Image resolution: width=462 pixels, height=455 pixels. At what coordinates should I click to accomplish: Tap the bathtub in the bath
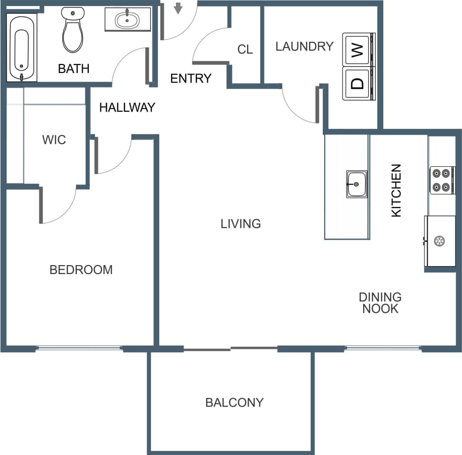click(21, 48)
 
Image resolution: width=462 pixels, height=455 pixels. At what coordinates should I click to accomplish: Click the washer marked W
click(359, 50)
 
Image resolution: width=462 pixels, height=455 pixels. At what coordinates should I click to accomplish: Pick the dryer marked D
click(359, 83)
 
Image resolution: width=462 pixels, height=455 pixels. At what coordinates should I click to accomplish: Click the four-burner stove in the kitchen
click(441, 180)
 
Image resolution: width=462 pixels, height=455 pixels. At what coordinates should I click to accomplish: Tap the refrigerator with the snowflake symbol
click(440, 241)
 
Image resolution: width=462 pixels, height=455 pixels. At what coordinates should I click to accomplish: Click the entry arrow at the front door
click(178, 9)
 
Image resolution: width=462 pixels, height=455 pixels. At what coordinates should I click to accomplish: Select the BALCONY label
click(234, 403)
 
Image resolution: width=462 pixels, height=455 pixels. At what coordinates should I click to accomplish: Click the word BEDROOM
click(81, 270)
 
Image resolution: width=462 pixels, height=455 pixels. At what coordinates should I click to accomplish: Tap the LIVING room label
click(241, 224)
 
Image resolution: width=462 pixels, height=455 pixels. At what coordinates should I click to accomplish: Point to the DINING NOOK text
click(380, 303)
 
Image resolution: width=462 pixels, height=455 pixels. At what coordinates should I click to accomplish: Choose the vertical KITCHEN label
click(396, 190)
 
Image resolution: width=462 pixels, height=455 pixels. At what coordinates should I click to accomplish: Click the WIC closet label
click(54, 140)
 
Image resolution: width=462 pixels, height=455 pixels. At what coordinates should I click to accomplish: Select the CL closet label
click(245, 49)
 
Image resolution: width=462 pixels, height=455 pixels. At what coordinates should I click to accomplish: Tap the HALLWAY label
click(127, 107)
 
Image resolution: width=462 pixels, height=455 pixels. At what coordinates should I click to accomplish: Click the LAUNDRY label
click(304, 46)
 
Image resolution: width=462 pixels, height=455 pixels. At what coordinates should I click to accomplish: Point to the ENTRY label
click(191, 79)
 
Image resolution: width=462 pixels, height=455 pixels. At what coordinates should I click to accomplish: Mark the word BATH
click(74, 69)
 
